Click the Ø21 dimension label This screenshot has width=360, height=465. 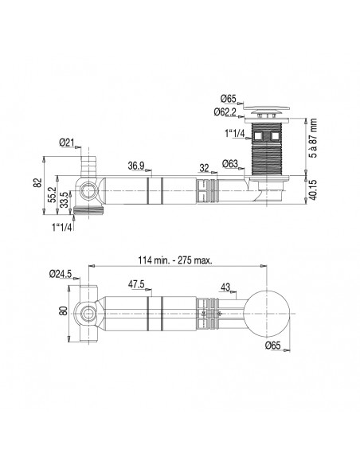click(66, 143)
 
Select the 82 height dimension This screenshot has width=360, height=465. click(37, 182)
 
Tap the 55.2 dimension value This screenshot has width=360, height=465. click(53, 194)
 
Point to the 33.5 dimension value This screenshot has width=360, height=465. click(64, 200)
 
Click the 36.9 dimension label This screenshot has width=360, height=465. click(136, 166)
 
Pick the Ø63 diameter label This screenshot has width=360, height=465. click(230, 163)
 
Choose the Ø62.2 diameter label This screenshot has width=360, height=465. click(225, 111)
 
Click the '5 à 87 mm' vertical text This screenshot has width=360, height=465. click(312, 138)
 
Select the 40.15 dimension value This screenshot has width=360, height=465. click(312, 190)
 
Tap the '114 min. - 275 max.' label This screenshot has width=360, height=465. click(175, 260)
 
